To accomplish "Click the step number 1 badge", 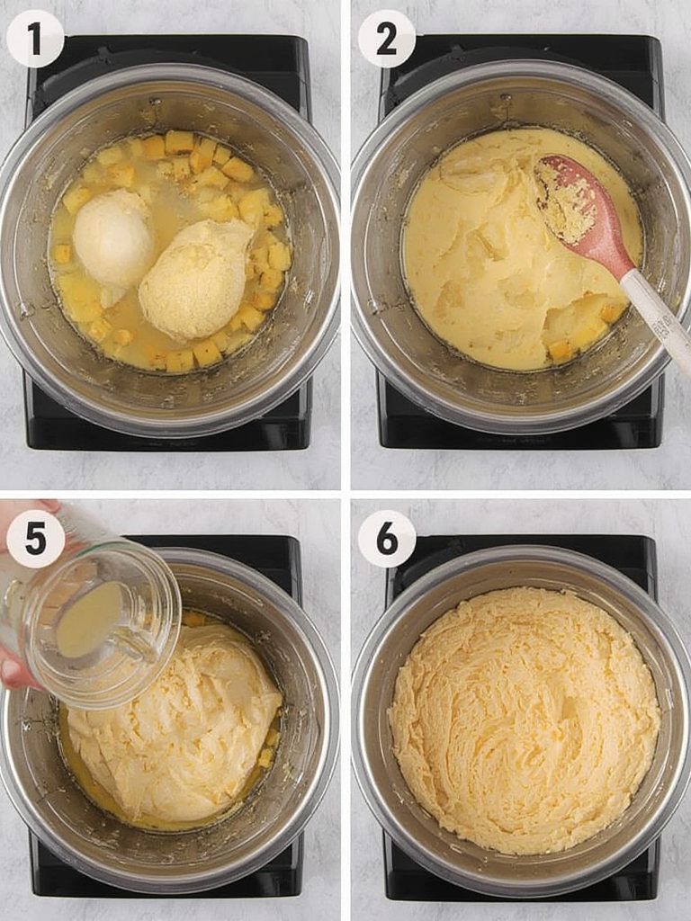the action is [35, 39].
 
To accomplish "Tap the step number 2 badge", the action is [387, 39].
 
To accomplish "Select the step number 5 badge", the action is [35, 539].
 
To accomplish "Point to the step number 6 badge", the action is [387, 539].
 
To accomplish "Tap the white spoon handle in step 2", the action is [658, 320].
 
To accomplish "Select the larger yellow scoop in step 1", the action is [195, 279].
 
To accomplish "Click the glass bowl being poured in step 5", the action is [97, 622].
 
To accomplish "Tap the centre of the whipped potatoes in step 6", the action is [525, 720].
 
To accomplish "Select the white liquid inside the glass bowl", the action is [88, 619].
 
